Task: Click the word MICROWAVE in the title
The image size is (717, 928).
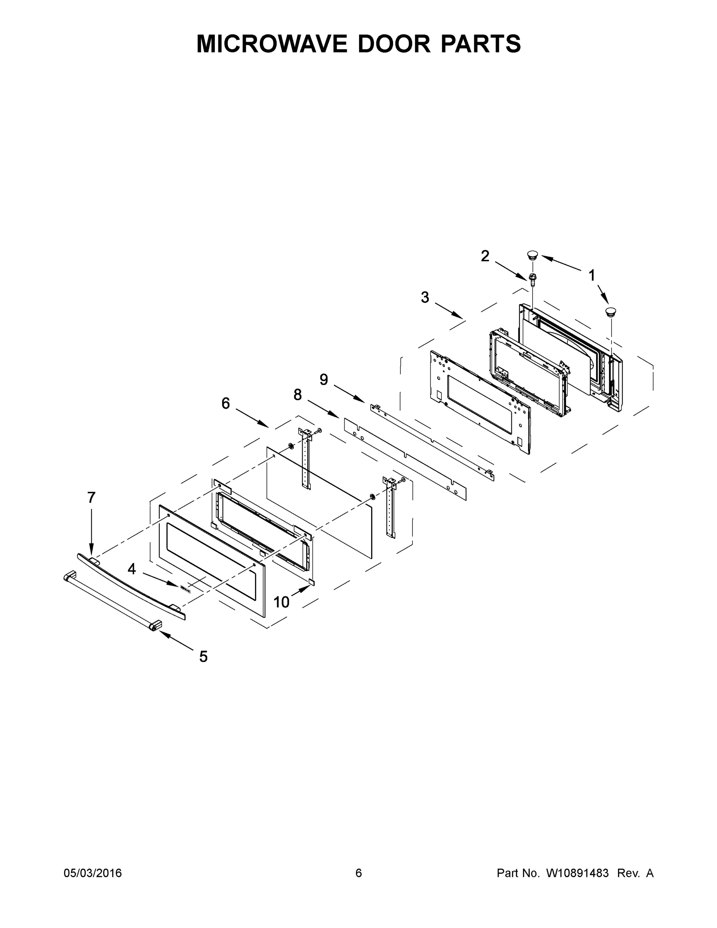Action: point(271,44)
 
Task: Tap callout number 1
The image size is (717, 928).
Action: point(591,276)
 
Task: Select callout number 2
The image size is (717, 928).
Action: point(485,256)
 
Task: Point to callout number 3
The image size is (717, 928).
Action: point(425,297)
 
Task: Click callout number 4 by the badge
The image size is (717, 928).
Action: point(132,569)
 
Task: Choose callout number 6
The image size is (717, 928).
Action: point(226,403)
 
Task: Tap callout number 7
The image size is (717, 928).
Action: point(91,497)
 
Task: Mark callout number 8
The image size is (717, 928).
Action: point(297,395)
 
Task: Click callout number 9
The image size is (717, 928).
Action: point(324,379)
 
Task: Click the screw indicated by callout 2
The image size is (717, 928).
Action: point(532,279)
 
